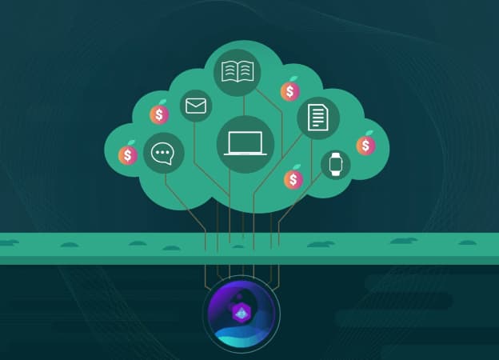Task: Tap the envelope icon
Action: (x=195, y=106)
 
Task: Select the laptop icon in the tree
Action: (x=245, y=144)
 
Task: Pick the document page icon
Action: (x=317, y=118)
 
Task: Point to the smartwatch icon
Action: (x=335, y=165)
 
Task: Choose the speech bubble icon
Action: (x=163, y=154)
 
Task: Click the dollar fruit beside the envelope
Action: (x=159, y=114)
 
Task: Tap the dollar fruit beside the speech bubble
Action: (x=128, y=154)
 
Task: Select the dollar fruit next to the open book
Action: (x=289, y=92)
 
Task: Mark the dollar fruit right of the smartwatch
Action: (x=366, y=146)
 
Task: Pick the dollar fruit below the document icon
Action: (x=293, y=180)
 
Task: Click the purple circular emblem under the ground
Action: (x=242, y=313)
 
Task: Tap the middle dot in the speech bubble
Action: (x=163, y=153)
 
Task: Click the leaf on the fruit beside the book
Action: (x=293, y=79)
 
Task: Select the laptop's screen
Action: (x=245, y=142)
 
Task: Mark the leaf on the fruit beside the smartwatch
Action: (x=369, y=133)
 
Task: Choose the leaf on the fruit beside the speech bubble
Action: (x=131, y=142)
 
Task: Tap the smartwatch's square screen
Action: (x=335, y=165)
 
